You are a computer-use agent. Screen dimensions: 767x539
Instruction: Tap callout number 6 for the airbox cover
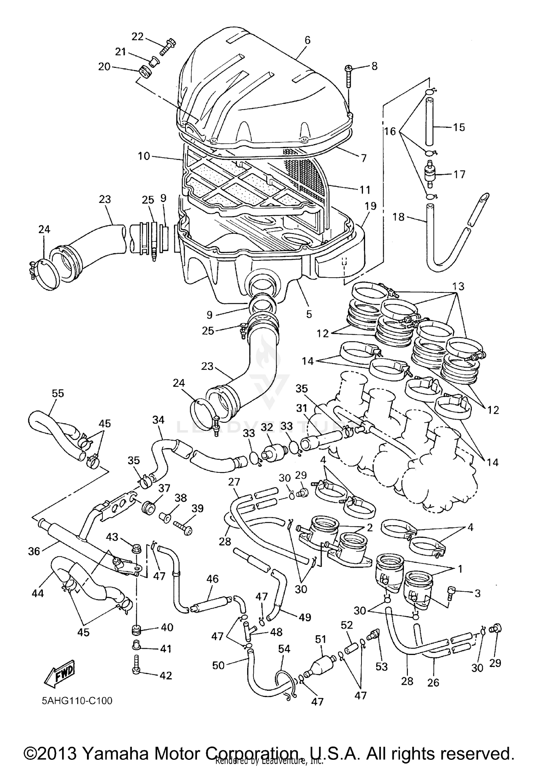pyautogui.click(x=308, y=40)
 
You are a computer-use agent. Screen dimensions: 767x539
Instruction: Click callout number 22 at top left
pyautogui.click(x=138, y=36)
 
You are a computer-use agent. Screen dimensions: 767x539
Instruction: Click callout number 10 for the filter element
pyautogui.click(x=144, y=156)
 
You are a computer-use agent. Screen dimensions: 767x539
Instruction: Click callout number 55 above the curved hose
pyautogui.click(x=57, y=393)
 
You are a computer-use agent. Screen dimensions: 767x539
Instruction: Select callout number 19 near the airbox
pyautogui.click(x=370, y=206)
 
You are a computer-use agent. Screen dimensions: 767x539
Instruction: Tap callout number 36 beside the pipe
pyautogui.click(x=34, y=551)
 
